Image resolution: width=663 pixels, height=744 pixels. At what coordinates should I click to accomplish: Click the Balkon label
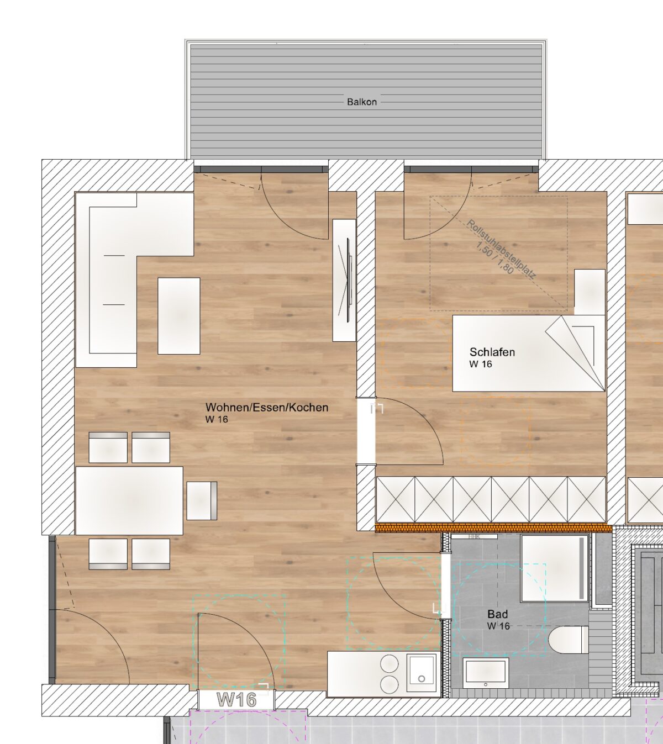point(362,102)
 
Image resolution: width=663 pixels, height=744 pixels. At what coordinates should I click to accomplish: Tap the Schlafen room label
point(492,352)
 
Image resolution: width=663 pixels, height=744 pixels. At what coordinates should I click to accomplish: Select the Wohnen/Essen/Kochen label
point(267,407)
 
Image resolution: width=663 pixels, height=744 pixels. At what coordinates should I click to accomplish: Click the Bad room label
point(498,614)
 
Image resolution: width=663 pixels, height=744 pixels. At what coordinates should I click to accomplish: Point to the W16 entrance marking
point(236,700)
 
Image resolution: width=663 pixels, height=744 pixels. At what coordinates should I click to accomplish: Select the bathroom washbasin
point(486,673)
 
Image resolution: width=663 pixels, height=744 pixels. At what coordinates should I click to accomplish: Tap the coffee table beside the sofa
point(179,316)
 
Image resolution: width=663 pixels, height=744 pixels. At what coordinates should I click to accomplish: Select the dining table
point(129,500)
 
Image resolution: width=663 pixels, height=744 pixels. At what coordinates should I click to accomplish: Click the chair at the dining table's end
point(202,501)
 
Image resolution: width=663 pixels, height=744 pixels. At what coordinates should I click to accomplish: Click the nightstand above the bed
point(590,292)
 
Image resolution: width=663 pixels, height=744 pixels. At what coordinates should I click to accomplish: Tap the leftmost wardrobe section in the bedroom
point(396,499)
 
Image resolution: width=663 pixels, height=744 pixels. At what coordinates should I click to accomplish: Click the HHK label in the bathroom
point(474,536)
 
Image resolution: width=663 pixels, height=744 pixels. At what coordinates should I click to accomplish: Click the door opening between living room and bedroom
point(366,431)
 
